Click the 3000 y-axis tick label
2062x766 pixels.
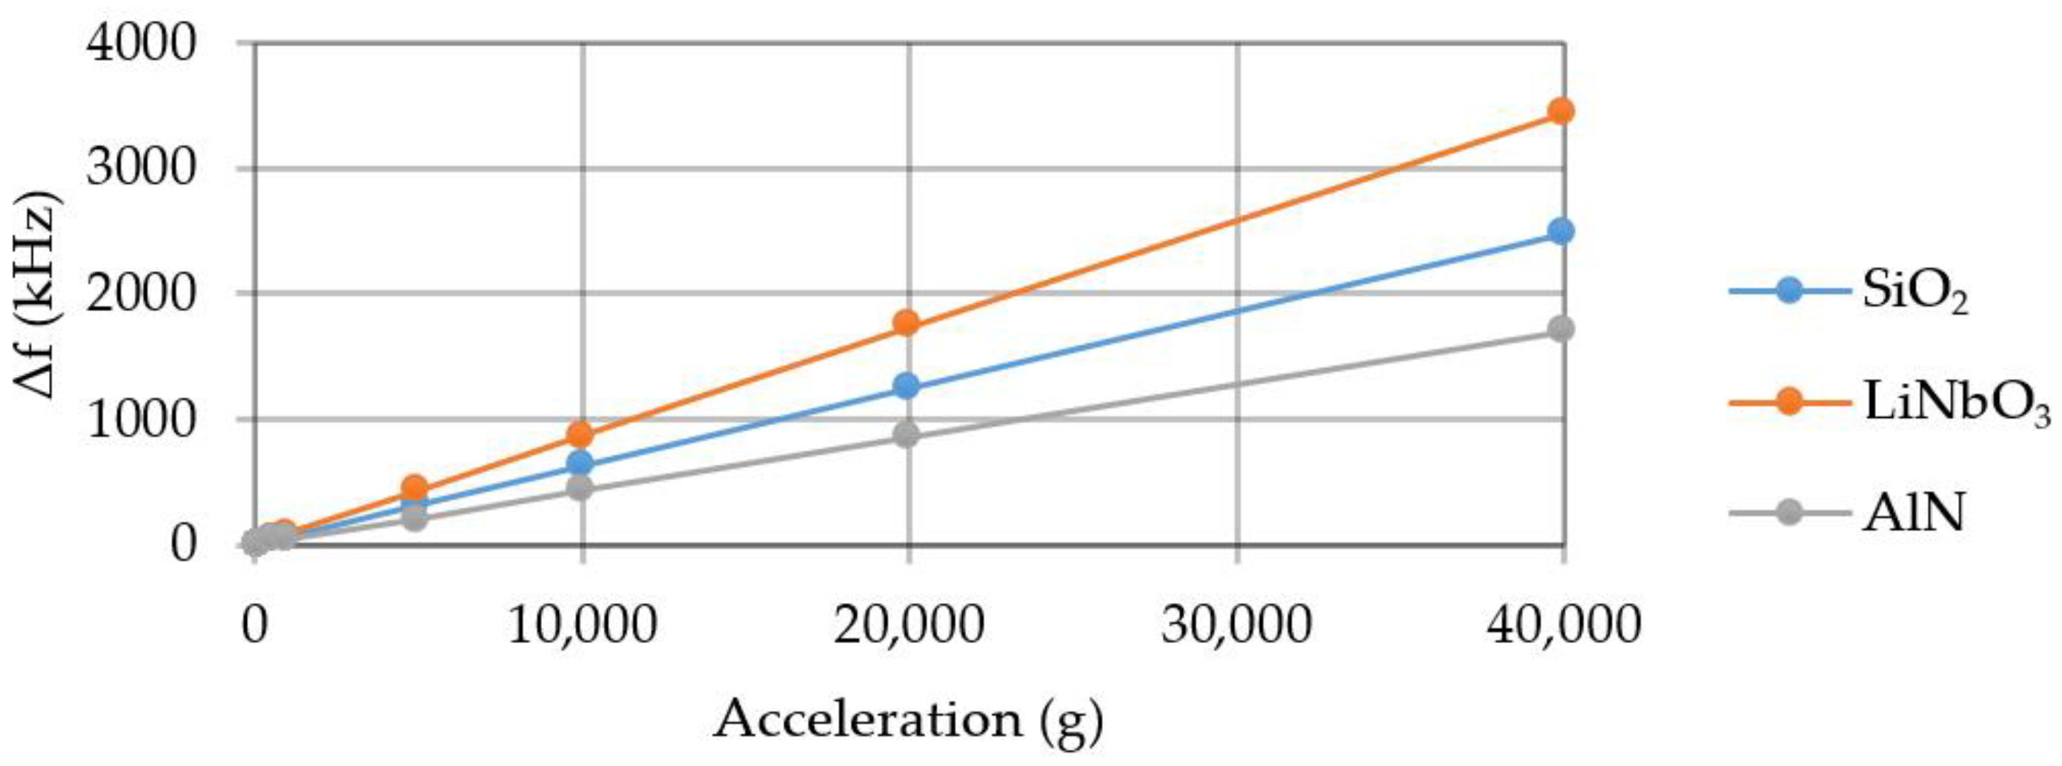coord(141,169)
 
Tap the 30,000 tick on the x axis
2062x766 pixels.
coord(1237,626)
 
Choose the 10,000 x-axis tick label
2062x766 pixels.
coord(583,626)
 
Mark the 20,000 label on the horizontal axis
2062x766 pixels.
coord(908,626)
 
